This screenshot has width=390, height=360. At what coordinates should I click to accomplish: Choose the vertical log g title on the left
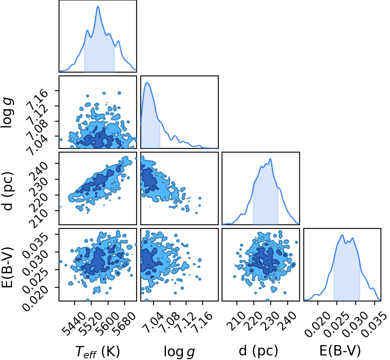pyautogui.click(x=7, y=113)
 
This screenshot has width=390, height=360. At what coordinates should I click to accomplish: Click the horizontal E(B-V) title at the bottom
pyautogui.click(x=340, y=351)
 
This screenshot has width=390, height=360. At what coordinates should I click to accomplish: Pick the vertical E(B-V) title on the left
pyautogui.click(x=7, y=267)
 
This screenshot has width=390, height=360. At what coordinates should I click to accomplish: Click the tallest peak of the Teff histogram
pyautogui.click(x=98, y=7)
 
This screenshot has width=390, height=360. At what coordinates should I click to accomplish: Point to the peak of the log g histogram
pyautogui.click(x=147, y=83)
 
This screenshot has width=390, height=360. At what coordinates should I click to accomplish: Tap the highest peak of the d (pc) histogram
pyautogui.click(x=270, y=159)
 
